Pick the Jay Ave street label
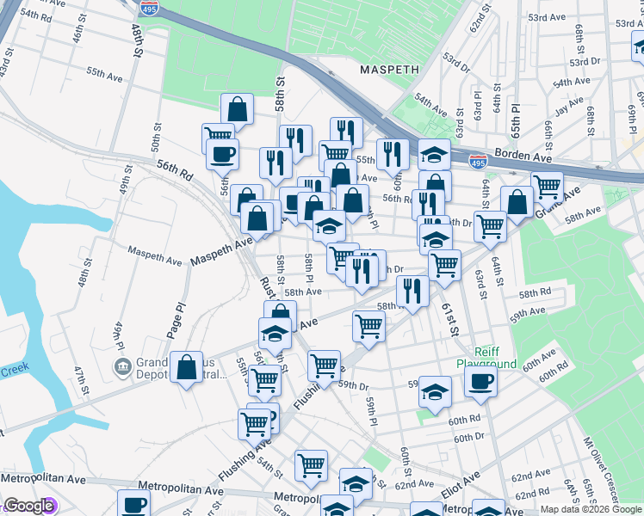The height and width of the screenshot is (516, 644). point(569,108)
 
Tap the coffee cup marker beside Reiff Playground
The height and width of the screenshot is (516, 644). point(480,380)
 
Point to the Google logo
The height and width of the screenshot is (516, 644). point(28,506)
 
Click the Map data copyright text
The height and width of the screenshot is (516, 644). point(591,509)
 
